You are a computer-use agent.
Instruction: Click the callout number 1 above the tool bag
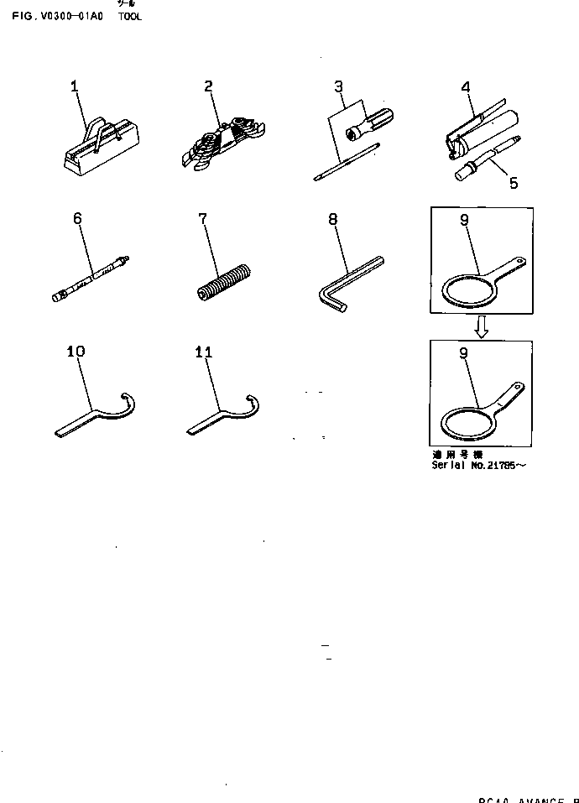click(x=74, y=86)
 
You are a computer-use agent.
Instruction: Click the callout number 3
click(x=338, y=86)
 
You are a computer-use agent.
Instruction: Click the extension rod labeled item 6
click(x=90, y=276)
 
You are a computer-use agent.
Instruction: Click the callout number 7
click(x=202, y=219)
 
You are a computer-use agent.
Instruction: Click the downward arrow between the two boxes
click(x=481, y=327)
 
